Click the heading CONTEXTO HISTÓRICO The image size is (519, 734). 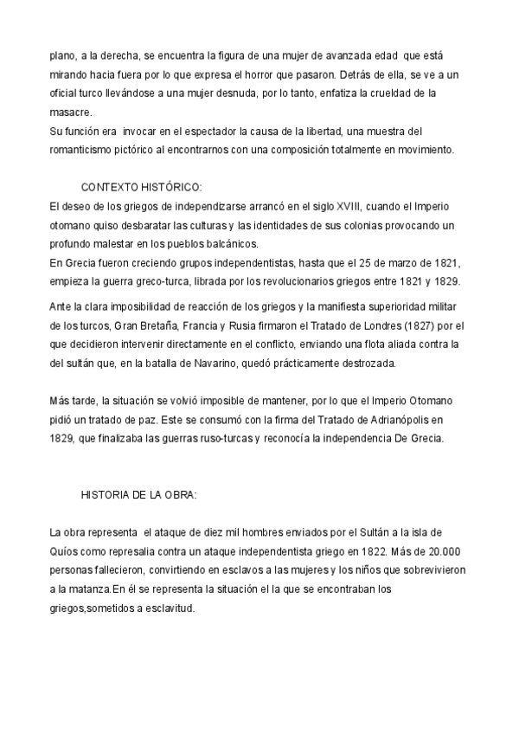click(x=142, y=188)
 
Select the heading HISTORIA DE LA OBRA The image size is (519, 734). click(x=139, y=495)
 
